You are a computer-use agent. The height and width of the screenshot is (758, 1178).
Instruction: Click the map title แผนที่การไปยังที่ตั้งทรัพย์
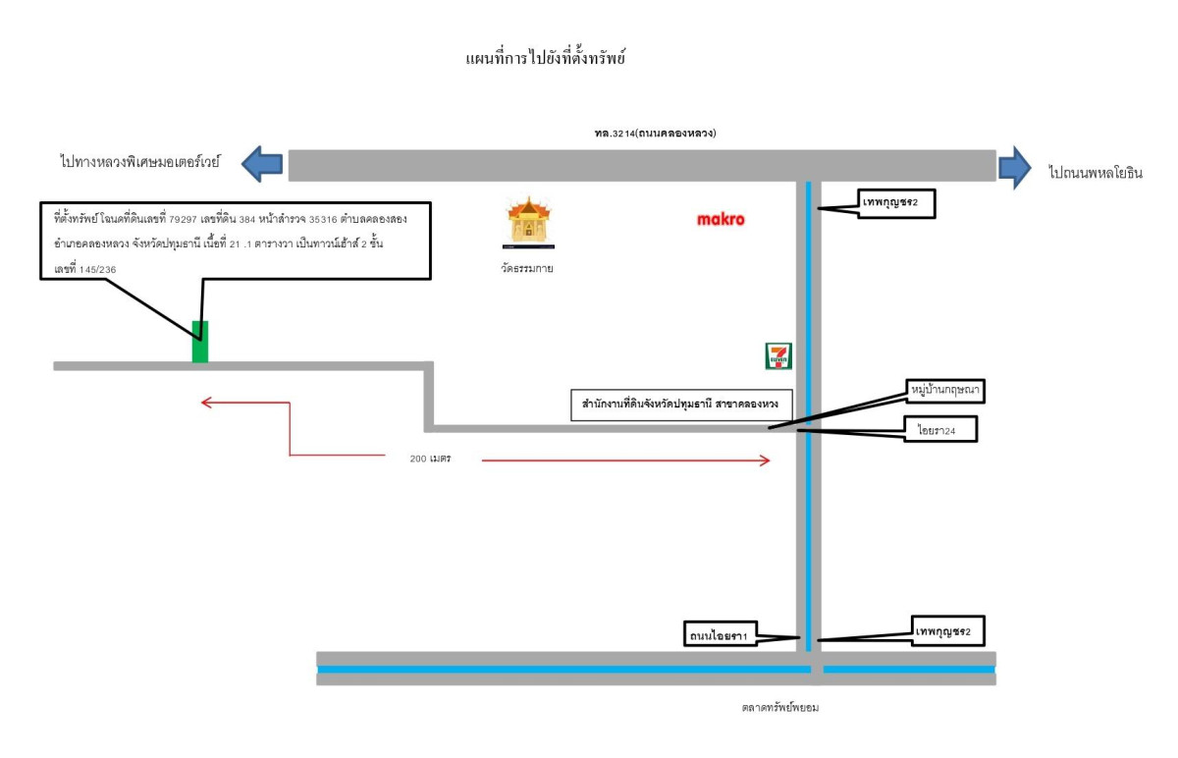coord(546,60)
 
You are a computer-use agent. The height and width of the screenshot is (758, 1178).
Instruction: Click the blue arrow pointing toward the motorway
coord(263,163)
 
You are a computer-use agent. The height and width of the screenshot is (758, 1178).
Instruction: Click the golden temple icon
coord(528,221)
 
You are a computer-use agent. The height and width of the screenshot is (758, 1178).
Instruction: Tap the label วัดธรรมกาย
coord(527,266)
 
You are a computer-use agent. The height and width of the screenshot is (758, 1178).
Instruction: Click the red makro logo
coord(721,220)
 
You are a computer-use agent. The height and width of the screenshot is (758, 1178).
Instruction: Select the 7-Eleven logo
coord(778,355)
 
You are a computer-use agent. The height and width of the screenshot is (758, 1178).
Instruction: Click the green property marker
coord(200,342)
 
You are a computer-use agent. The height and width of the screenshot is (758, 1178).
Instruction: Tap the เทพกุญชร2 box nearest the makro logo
coord(894,204)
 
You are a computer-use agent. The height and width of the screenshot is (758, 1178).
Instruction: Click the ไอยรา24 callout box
coord(941,430)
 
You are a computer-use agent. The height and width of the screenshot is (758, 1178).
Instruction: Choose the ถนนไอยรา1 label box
coord(720,636)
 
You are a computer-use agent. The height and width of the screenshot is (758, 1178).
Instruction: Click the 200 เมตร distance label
coord(430,459)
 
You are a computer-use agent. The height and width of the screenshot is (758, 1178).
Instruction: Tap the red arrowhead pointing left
coord(207,402)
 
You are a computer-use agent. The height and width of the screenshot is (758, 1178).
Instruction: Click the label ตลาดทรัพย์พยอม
coord(780,706)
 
